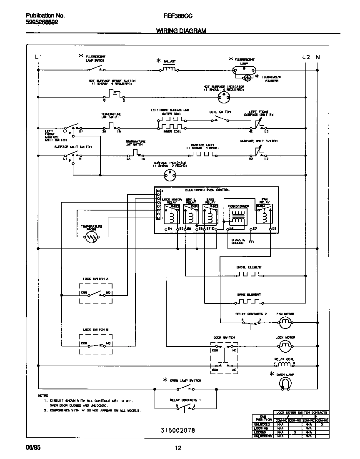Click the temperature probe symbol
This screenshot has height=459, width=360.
91,238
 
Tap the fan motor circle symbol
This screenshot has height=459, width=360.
285,322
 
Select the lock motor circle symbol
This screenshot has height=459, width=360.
285,345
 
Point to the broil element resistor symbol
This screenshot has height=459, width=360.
249,275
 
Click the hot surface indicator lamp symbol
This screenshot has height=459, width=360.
224,98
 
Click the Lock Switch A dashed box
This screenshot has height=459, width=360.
96,293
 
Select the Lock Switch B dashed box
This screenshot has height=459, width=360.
96,344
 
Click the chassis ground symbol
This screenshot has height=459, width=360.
250,241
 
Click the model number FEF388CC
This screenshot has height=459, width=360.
178,15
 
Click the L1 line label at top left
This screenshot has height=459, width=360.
38,57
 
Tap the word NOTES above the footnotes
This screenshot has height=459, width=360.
44,395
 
